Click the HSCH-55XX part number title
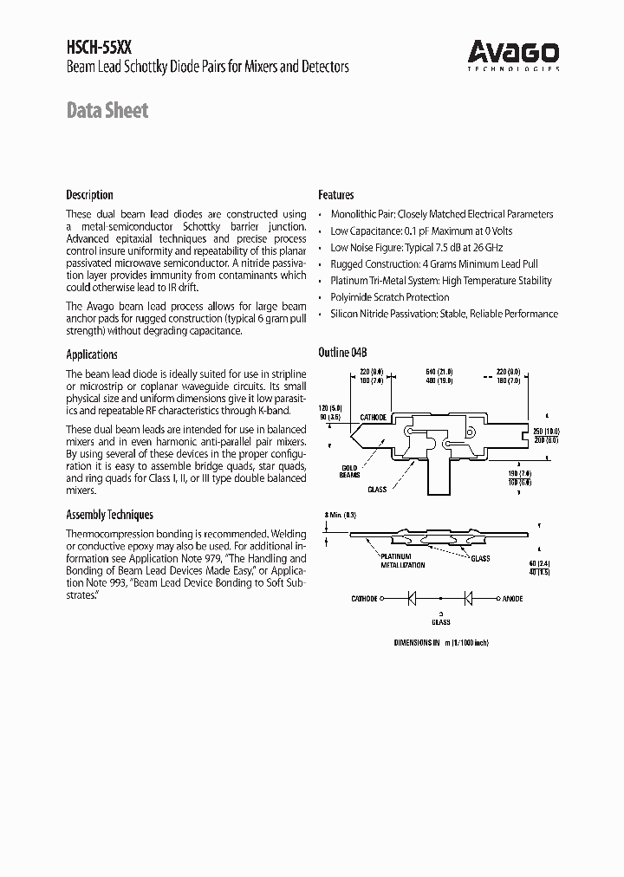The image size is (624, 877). click(96, 48)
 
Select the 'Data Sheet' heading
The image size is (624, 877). click(107, 111)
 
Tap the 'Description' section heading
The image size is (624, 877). click(89, 195)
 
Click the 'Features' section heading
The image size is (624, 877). click(335, 195)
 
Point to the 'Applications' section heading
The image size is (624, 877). click(92, 354)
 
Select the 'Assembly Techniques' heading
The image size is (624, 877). click(109, 514)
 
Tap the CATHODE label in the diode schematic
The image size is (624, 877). click(364, 599)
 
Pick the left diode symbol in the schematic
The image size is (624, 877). click(413, 599)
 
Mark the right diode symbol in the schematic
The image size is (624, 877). click(469, 599)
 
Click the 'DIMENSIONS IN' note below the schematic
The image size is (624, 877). click(419, 642)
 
